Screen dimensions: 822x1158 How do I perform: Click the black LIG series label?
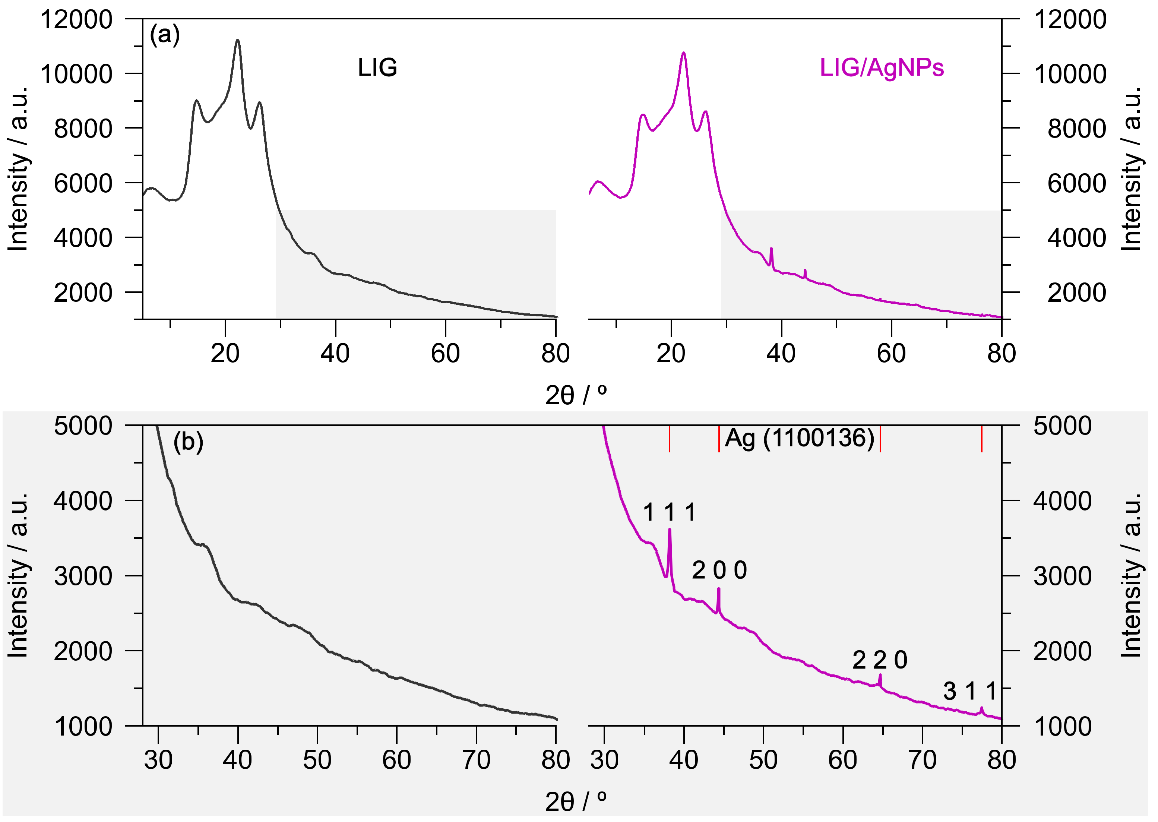[x=377, y=68]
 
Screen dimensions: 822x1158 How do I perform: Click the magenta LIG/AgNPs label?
[x=882, y=68]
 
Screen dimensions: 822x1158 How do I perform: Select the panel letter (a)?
[x=164, y=35]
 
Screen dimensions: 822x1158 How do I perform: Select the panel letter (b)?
[x=188, y=442]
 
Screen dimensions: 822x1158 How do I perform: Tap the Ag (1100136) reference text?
[x=800, y=438]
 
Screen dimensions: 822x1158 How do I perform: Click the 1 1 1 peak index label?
[x=669, y=512]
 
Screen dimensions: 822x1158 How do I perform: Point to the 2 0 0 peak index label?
[x=719, y=570]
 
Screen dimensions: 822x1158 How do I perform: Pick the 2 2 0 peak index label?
[x=880, y=660]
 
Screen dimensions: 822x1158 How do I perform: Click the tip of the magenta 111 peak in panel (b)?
[x=670, y=529]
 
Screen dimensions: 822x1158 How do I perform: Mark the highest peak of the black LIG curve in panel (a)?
[x=237, y=40]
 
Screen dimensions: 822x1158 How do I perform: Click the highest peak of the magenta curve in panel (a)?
[x=684, y=53]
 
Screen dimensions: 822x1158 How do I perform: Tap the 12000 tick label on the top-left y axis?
[x=76, y=20]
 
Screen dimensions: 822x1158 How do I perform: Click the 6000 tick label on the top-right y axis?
[x=1076, y=183]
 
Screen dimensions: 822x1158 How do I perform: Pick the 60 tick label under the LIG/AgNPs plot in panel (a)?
[x=891, y=353]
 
